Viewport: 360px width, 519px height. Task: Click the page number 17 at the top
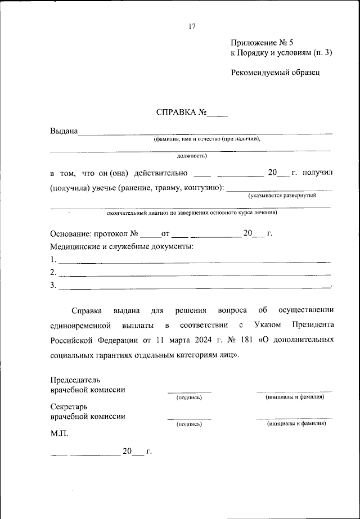pyautogui.click(x=192, y=26)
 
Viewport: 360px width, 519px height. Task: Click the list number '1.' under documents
pyautogui.click(x=53, y=260)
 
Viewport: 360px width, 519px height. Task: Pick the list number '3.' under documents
pyautogui.click(x=53, y=285)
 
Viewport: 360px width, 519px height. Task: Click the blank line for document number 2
pyautogui.click(x=195, y=274)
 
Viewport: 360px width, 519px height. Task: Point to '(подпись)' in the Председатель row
pyautogui.click(x=189, y=398)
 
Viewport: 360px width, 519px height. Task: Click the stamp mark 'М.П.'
pyautogui.click(x=59, y=435)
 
